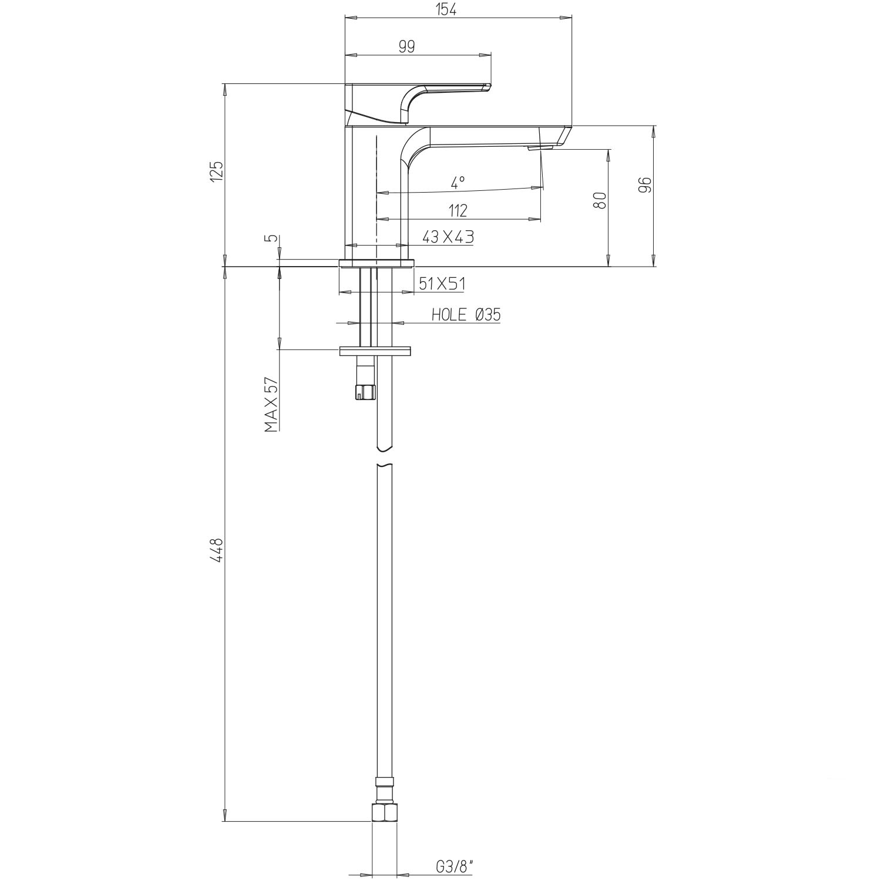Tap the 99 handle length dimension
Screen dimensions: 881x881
point(407,47)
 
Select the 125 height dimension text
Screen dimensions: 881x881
point(217,171)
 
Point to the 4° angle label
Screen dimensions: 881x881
point(458,182)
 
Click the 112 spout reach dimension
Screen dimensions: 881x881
point(458,210)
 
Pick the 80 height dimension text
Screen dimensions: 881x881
point(600,200)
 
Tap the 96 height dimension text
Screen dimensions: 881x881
point(645,184)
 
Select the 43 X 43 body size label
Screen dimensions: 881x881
point(448,237)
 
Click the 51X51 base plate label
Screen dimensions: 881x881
point(442,284)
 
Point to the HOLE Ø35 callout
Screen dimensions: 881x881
point(466,315)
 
